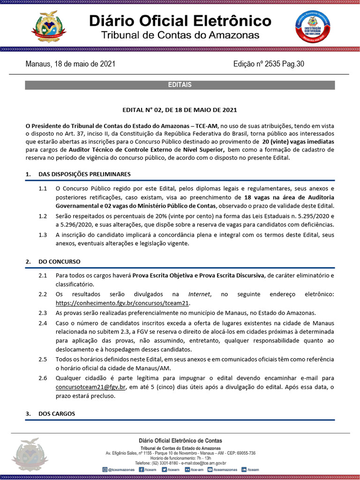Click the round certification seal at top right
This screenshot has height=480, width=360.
pyautogui.click(x=312, y=27)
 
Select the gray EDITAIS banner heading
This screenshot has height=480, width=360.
pyautogui.click(x=180, y=85)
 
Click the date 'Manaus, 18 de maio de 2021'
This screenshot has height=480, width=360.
pyautogui.click(x=70, y=64)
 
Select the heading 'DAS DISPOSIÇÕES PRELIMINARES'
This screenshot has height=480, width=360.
pyautogui.click(x=84, y=174)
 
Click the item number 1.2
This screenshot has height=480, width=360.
pyautogui.click(x=43, y=216)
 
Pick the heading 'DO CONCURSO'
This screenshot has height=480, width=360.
pyautogui.click(x=60, y=261)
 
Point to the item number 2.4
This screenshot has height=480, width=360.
pyautogui.click(x=43, y=323)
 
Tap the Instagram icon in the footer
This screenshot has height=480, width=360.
pyautogui.click(x=105, y=469)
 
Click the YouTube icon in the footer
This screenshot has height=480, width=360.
pyautogui.click(x=210, y=469)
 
